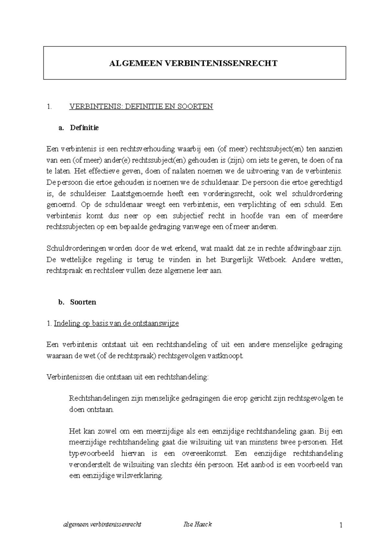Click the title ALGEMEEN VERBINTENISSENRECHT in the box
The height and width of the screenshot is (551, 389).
coord(193,63)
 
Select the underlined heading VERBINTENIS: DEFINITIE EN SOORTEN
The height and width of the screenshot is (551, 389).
coord(141,106)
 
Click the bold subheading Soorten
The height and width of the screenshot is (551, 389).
coord(83,302)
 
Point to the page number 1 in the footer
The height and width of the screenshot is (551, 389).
coord(341,525)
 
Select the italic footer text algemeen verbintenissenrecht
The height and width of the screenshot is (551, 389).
coord(102,524)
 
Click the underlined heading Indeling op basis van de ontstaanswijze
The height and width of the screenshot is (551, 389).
coord(116,324)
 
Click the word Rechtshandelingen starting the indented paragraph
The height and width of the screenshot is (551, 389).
coord(98,398)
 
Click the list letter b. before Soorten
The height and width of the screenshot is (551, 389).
coord(61,302)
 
